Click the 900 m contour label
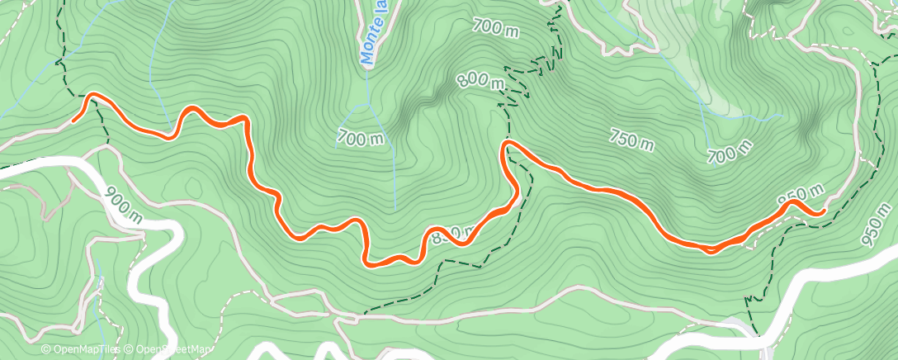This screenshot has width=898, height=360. tap(123, 204)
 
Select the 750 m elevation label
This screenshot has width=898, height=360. tap(632, 140)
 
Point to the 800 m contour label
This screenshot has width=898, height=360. tap(480, 80)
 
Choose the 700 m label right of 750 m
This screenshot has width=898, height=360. tap(730, 151)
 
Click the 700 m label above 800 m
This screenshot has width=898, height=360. tap(495, 26)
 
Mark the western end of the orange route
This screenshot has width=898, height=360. tap(74, 121)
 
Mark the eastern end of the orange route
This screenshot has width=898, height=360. tap(823, 213)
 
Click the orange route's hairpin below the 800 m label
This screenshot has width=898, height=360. tap(505, 145)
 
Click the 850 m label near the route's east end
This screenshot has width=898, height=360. tap(801, 196)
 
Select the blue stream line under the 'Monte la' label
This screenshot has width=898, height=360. tap(366, 99)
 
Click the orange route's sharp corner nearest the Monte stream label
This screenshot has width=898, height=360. tap(245, 120)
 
